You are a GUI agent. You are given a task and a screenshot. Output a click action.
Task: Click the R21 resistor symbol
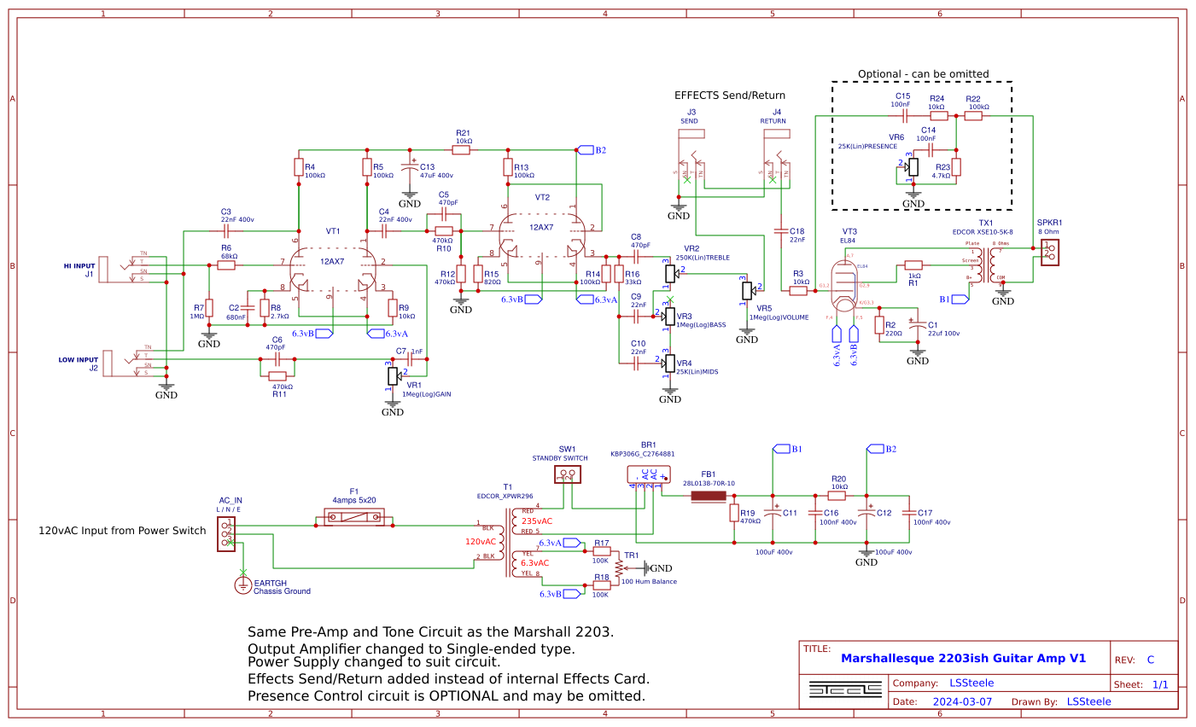461,150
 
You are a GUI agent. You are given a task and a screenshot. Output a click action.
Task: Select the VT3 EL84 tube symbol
843,286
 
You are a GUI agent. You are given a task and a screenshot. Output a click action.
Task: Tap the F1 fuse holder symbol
354,517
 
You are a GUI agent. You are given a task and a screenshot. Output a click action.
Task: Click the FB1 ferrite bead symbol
708,496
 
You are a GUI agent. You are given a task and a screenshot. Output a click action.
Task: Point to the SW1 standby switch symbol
567,474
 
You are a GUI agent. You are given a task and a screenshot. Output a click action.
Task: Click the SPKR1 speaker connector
1049,251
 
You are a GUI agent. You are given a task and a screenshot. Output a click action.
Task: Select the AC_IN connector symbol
226,533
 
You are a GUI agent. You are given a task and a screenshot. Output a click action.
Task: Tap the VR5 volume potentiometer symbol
747,291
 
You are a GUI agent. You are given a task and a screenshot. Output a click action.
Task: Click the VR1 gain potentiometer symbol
393,375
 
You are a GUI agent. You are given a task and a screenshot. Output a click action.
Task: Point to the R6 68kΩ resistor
226,265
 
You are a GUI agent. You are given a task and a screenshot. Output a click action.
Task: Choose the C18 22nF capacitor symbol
780,230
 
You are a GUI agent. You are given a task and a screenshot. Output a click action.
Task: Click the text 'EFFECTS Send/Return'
729,96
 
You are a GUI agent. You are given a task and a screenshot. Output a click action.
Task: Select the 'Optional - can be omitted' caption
923,74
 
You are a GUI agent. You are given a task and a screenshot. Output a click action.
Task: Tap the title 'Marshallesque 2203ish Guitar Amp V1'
963,658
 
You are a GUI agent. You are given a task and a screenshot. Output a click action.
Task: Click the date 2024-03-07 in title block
962,701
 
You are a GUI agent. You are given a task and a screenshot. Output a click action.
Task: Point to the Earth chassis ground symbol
243,585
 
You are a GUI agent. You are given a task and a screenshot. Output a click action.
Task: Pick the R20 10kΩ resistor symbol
837,496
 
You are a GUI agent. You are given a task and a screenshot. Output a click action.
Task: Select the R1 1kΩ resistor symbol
913,265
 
